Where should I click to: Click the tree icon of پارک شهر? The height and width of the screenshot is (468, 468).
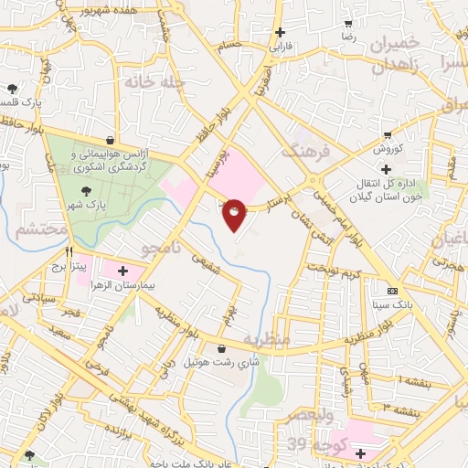(86, 191)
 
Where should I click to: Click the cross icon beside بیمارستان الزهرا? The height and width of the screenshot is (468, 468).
(122, 271)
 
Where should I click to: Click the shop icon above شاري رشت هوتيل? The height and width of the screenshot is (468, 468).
(222, 348)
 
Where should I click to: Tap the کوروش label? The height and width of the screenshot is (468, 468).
(385, 147)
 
